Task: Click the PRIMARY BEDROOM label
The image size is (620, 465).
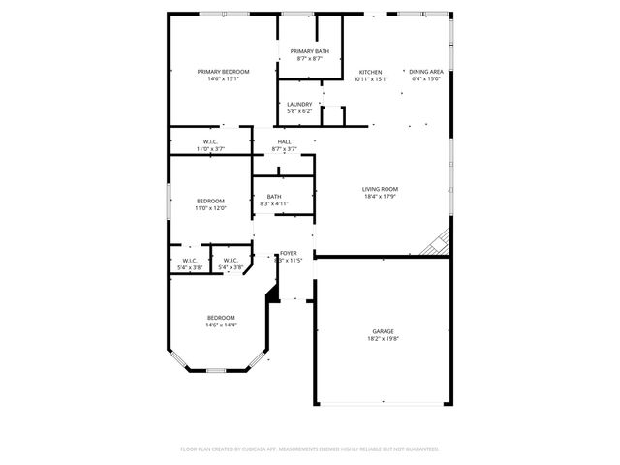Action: pos(223,72)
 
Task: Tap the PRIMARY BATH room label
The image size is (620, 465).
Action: pos(309,52)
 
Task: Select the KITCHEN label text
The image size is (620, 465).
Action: pos(370,73)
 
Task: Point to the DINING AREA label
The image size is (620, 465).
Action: pos(425,73)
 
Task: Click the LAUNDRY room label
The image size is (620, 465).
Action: pos(298,105)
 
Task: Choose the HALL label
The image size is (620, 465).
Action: pos(284,142)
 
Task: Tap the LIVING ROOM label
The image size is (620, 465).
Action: pos(380,189)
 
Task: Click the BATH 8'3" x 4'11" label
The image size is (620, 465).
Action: pos(274,197)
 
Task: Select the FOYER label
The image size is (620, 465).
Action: pos(289,253)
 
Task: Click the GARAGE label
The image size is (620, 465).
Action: pos(383,331)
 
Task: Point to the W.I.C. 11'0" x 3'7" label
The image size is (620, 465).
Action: pos(210,142)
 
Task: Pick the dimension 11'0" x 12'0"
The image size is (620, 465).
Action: pos(210,208)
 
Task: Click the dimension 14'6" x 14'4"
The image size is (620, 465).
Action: pos(221,325)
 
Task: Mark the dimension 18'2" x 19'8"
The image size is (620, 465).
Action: pos(383,339)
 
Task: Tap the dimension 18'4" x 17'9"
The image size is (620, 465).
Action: pos(380,197)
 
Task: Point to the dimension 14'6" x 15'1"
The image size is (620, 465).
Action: pos(223,79)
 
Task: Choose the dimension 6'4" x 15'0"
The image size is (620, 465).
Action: pos(426,79)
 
